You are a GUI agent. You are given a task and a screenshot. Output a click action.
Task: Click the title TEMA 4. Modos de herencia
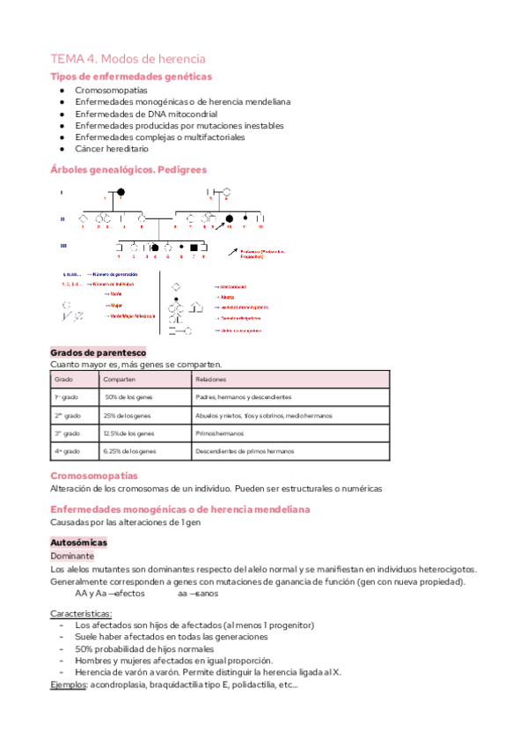(x=128, y=58)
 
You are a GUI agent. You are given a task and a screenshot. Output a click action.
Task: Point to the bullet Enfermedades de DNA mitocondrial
(x=145, y=114)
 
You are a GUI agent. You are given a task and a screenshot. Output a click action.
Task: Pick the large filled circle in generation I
(x=121, y=192)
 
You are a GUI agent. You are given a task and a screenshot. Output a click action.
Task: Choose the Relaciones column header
(x=211, y=380)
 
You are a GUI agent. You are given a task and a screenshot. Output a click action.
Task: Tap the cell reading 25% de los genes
(x=129, y=415)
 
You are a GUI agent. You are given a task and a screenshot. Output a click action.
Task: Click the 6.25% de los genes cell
(x=131, y=451)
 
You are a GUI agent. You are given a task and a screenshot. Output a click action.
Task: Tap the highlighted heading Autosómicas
(x=78, y=543)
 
